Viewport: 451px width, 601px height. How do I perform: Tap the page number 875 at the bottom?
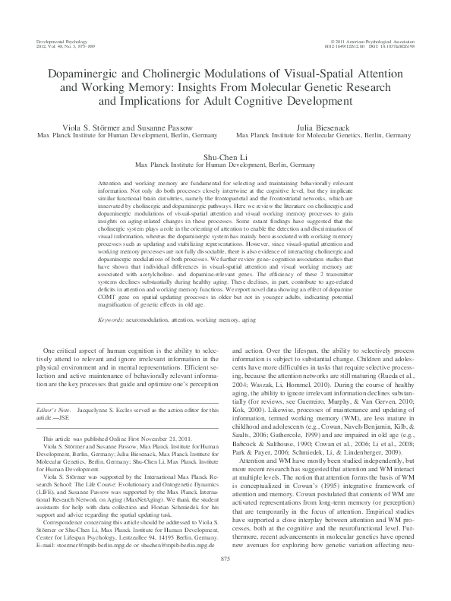click(225, 581)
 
